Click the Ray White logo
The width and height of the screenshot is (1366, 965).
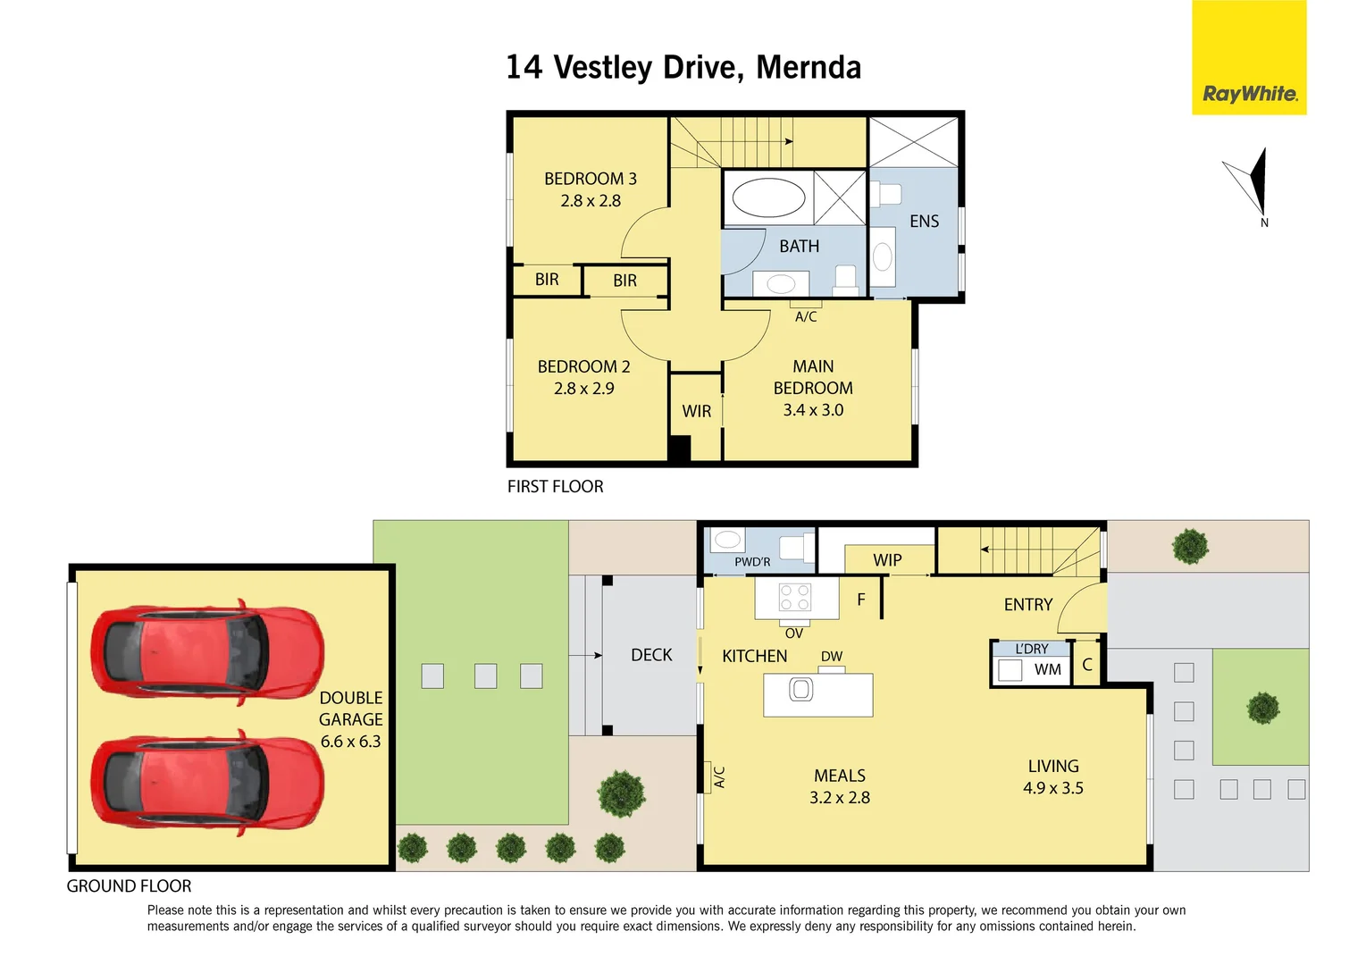[x=1249, y=93]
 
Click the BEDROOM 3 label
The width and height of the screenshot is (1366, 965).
[x=591, y=179]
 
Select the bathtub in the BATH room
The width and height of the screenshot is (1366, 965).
[x=768, y=197]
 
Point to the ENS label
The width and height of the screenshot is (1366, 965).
[x=924, y=222]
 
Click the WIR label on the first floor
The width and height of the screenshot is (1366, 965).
[x=697, y=411]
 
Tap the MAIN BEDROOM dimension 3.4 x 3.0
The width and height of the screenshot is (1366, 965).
[x=813, y=410]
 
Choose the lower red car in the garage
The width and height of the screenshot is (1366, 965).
[x=206, y=783]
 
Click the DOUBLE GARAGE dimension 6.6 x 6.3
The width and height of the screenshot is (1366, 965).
[x=350, y=742]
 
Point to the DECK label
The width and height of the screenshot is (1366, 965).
[x=651, y=655]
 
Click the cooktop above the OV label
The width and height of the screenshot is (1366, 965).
[x=795, y=597]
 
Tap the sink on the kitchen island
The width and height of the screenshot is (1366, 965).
[x=801, y=690]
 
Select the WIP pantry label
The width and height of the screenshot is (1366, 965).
[x=887, y=560]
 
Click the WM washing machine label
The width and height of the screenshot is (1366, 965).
[x=1048, y=669]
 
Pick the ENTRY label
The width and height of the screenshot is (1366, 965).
[x=1028, y=605]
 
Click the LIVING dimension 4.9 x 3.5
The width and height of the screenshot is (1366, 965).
[x=1053, y=788]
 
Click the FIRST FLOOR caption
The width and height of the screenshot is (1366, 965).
[x=556, y=487]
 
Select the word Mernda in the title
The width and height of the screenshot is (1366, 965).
[x=809, y=68]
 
